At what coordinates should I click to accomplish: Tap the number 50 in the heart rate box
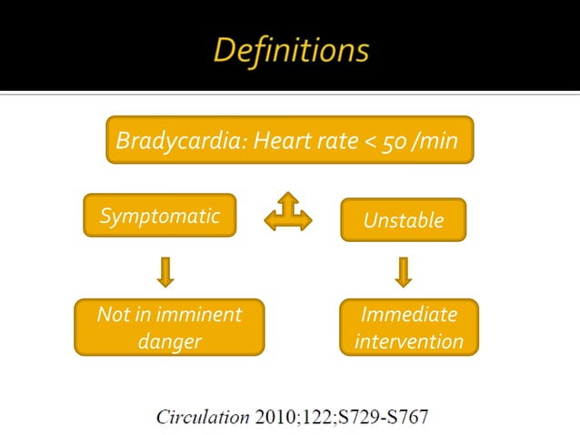(394, 141)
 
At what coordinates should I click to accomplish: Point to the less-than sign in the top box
(372, 141)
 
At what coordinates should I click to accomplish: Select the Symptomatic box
(159, 216)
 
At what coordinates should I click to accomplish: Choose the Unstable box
(403, 220)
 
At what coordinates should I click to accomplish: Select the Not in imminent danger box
(169, 328)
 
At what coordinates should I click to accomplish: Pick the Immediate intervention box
(408, 328)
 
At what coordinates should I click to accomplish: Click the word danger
(169, 342)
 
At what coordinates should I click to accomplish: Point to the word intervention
(408, 342)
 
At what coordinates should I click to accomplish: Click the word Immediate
(408, 314)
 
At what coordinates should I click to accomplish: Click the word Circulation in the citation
(202, 418)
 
